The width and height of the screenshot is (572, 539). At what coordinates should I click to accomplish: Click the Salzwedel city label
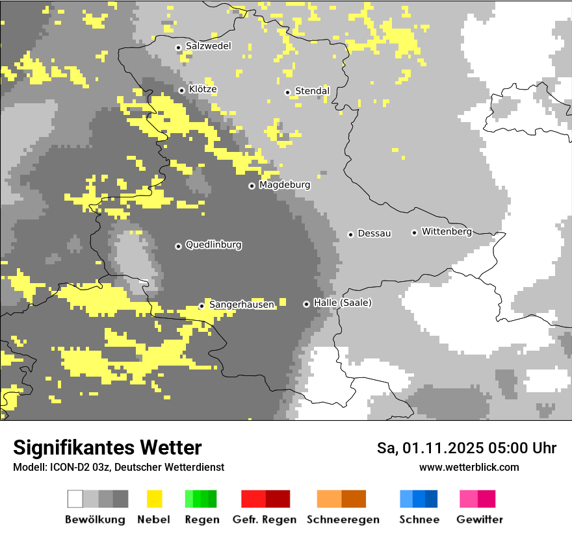point(208,46)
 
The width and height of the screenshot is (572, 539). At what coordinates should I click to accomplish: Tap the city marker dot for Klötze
point(182,90)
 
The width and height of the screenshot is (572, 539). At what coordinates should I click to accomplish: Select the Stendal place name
point(312,91)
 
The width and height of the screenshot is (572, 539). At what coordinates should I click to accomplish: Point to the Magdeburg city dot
point(252,186)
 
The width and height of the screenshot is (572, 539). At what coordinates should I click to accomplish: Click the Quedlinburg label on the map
point(213,245)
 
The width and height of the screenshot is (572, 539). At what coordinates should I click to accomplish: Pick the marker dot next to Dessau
point(351,234)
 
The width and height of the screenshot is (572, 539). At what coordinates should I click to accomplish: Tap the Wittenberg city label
point(447,231)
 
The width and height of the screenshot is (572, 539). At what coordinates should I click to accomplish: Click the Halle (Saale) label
point(343,303)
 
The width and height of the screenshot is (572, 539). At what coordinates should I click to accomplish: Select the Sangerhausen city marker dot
point(202,306)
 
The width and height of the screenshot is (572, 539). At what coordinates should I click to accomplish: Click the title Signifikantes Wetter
point(107,447)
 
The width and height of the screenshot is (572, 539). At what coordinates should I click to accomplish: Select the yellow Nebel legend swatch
point(155,499)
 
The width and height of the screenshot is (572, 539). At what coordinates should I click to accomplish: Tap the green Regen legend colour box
point(201,499)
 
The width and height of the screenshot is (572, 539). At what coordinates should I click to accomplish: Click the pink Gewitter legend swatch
point(477,499)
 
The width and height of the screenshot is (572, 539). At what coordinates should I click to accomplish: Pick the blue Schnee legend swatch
point(419,499)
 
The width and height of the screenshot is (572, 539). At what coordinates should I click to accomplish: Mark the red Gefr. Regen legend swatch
point(265,499)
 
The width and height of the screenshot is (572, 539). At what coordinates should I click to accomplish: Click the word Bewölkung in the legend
point(95,520)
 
